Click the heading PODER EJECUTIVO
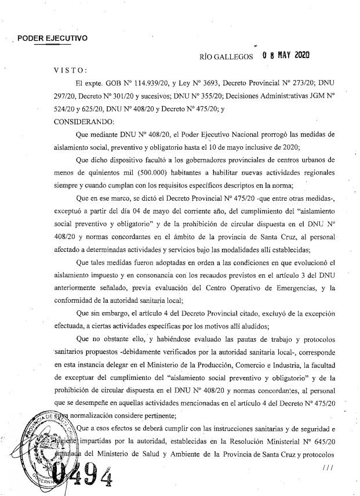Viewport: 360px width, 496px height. click(52, 39)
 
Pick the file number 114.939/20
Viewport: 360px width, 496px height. click(139, 82)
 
